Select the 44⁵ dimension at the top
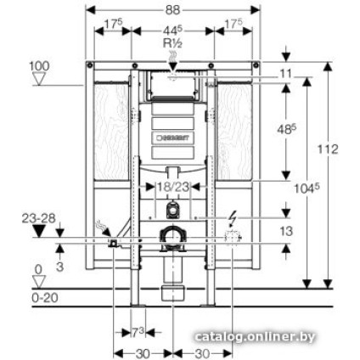coord(173,32)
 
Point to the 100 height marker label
coord(38,65)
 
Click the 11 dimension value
coord(285,75)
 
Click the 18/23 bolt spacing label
coord(173,186)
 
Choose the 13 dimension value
coord(286,230)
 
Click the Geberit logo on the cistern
coord(174,136)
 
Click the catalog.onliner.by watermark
coord(254,337)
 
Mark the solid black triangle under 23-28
coord(37,230)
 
